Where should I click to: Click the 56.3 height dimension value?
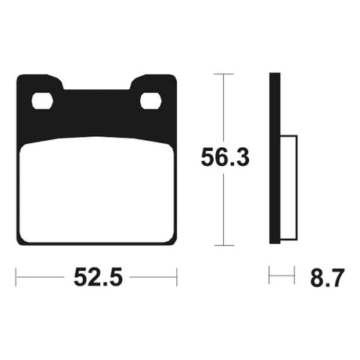[x=225, y=157]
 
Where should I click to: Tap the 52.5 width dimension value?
[x=98, y=277]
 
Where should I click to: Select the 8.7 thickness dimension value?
[x=327, y=277]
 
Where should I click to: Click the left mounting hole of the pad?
[x=42, y=100]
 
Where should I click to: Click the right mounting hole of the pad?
[x=151, y=100]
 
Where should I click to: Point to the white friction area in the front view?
[x=97, y=190]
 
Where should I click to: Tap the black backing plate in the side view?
[x=275, y=158]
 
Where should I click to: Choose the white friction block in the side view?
[x=289, y=188]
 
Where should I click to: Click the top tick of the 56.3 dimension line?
[x=224, y=74]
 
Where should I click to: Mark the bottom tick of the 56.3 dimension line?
[x=224, y=245]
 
